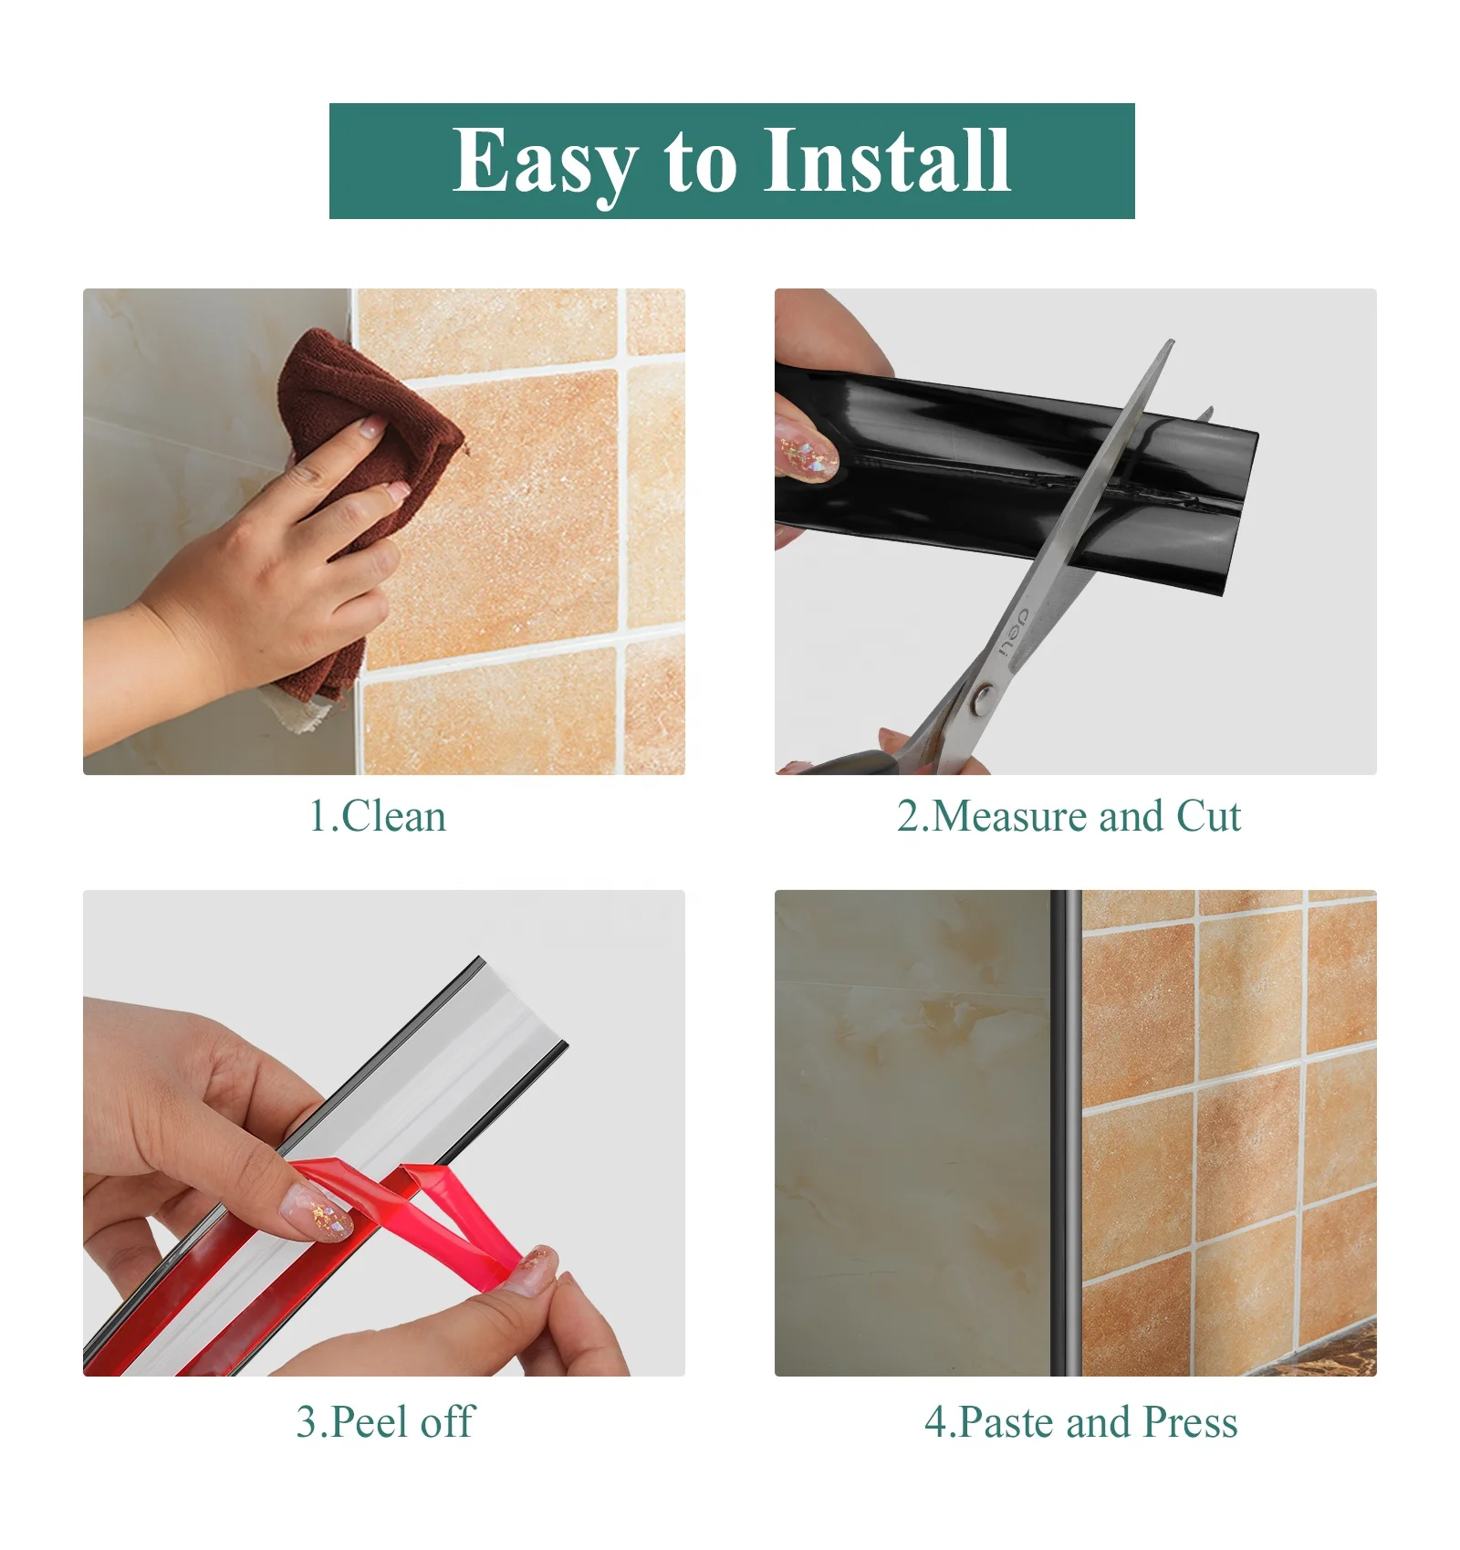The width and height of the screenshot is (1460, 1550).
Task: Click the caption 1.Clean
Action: pos(378,815)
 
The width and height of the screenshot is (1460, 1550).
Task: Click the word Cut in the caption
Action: pos(1208,815)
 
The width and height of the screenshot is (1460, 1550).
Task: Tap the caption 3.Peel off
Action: pos(384,1421)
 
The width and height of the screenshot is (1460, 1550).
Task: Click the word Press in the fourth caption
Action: pos(1190,1421)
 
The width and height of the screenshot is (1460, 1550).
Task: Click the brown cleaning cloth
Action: pos(365,411)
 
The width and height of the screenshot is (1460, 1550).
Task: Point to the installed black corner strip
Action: pos(1065,1132)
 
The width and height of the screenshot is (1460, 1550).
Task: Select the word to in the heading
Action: pos(699,162)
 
